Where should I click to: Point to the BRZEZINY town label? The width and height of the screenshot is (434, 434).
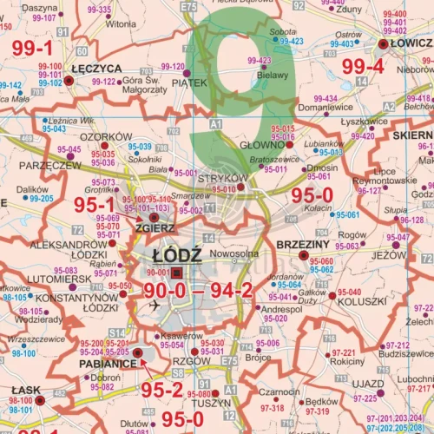[x=301, y=246]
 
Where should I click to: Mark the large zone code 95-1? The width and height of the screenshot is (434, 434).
[x=95, y=204]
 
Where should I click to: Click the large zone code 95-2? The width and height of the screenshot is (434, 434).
[x=162, y=389]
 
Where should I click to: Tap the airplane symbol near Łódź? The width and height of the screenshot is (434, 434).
[x=155, y=306]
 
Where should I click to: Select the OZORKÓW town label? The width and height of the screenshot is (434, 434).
[x=100, y=136]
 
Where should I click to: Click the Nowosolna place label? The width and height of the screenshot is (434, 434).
[x=235, y=254]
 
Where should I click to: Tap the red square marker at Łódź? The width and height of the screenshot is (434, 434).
[x=177, y=272]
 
